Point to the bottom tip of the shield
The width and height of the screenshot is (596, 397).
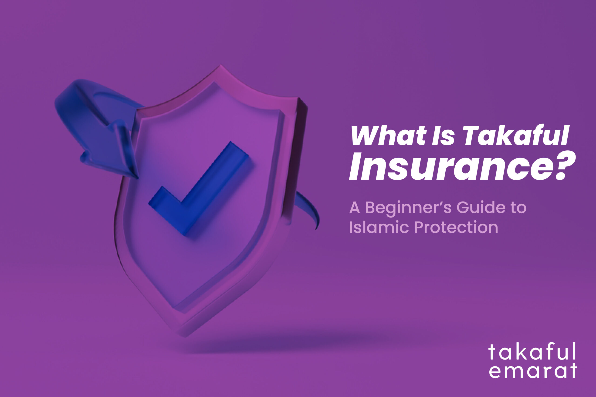[x=185, y=335]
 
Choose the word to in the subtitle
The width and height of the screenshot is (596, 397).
[x=518, y=208]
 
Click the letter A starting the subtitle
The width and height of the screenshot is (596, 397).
[x=355, y=208]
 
